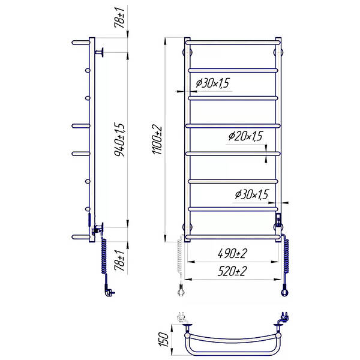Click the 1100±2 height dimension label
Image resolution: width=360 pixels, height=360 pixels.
click(158, 140)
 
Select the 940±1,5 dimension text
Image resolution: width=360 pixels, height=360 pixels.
click(119, 139)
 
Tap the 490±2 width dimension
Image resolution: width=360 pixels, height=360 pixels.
click(232, 254)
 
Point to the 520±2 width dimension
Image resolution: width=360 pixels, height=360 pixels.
click(232, 271)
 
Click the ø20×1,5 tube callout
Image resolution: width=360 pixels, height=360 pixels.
click(245, 136)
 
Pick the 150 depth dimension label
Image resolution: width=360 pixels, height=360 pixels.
click(163, 339)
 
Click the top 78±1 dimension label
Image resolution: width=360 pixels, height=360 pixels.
click(119, 17)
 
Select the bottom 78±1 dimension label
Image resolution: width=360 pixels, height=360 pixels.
click(119, 260)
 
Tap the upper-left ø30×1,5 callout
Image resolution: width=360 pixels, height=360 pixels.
click(212, 83)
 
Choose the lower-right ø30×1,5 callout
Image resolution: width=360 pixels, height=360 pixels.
click(251, 194)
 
